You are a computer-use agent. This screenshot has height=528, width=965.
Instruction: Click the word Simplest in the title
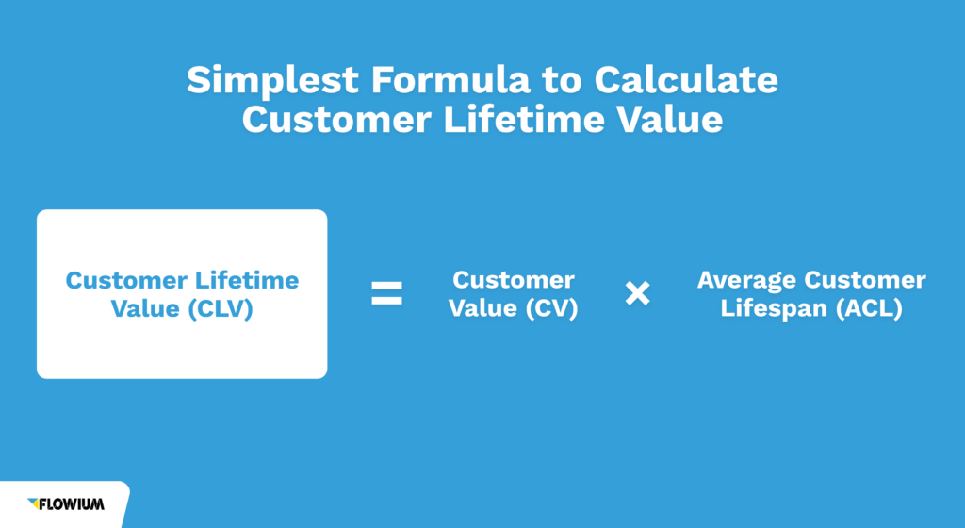271,81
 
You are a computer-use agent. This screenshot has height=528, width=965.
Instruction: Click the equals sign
386,293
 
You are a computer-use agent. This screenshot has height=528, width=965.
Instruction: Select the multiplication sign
638,293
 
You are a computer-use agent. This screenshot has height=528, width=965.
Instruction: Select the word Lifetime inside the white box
247,280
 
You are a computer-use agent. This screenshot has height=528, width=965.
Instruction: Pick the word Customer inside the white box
126,280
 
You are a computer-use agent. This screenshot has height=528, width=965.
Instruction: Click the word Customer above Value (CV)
514,280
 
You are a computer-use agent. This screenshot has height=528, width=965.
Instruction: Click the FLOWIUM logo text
73,504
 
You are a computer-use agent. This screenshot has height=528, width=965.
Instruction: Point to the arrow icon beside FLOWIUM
34,503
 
